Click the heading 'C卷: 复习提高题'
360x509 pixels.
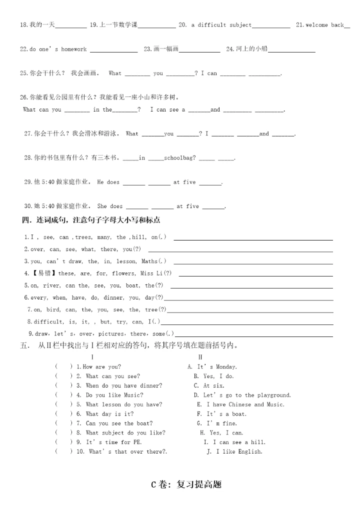[x=186, y=484]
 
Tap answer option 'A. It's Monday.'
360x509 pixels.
[x=212, y=366]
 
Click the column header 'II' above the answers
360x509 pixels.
[x=200, y=357]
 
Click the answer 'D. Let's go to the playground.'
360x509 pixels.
[x=242, y=395]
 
